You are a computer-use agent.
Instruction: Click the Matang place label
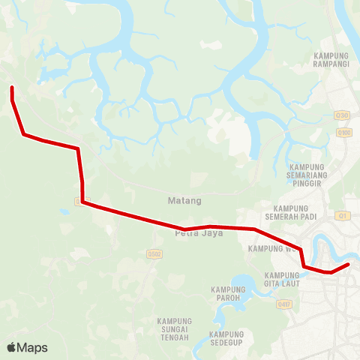(x=184, y=201)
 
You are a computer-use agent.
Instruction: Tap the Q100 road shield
(x=344, y=133)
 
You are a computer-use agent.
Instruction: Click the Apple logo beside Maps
(x=12, y=347)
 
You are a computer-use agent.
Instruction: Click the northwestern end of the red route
(x=12, y=89)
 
